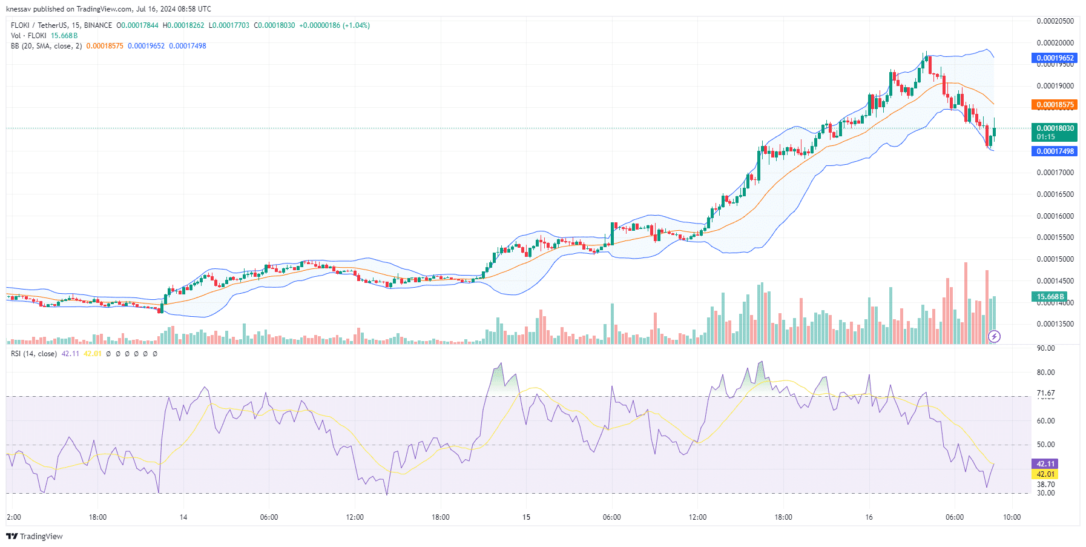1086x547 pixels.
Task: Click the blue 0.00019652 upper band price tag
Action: point(1055,58)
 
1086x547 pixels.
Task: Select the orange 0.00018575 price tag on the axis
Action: point(1055,105)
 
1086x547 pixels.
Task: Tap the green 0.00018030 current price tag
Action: point(1055,128)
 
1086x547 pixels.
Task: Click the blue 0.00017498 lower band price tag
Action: point(1055,151)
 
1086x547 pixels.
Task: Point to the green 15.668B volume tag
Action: point(1050,297)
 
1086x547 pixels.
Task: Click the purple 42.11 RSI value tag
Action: point(1045,464)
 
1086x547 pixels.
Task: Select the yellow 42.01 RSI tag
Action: point(1045,474)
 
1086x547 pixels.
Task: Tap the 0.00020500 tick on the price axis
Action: point(1055,21)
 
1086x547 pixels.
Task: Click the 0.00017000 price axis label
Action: point(1055,173)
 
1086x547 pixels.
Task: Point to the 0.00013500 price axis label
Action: point(1055,324)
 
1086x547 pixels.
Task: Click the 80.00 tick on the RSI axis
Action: point(1045,373)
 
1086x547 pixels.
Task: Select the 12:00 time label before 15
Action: point(355,517)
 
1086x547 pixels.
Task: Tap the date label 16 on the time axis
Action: point(869,517)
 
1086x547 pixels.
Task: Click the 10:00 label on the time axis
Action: point(1012,517)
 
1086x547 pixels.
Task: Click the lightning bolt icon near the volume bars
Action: point(994,336)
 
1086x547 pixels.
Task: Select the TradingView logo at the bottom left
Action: point(35,537)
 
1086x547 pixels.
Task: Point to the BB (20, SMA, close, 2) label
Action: point(46,46)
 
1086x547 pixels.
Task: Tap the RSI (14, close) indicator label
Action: point(34,354)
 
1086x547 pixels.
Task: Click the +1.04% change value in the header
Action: point(356,25)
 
